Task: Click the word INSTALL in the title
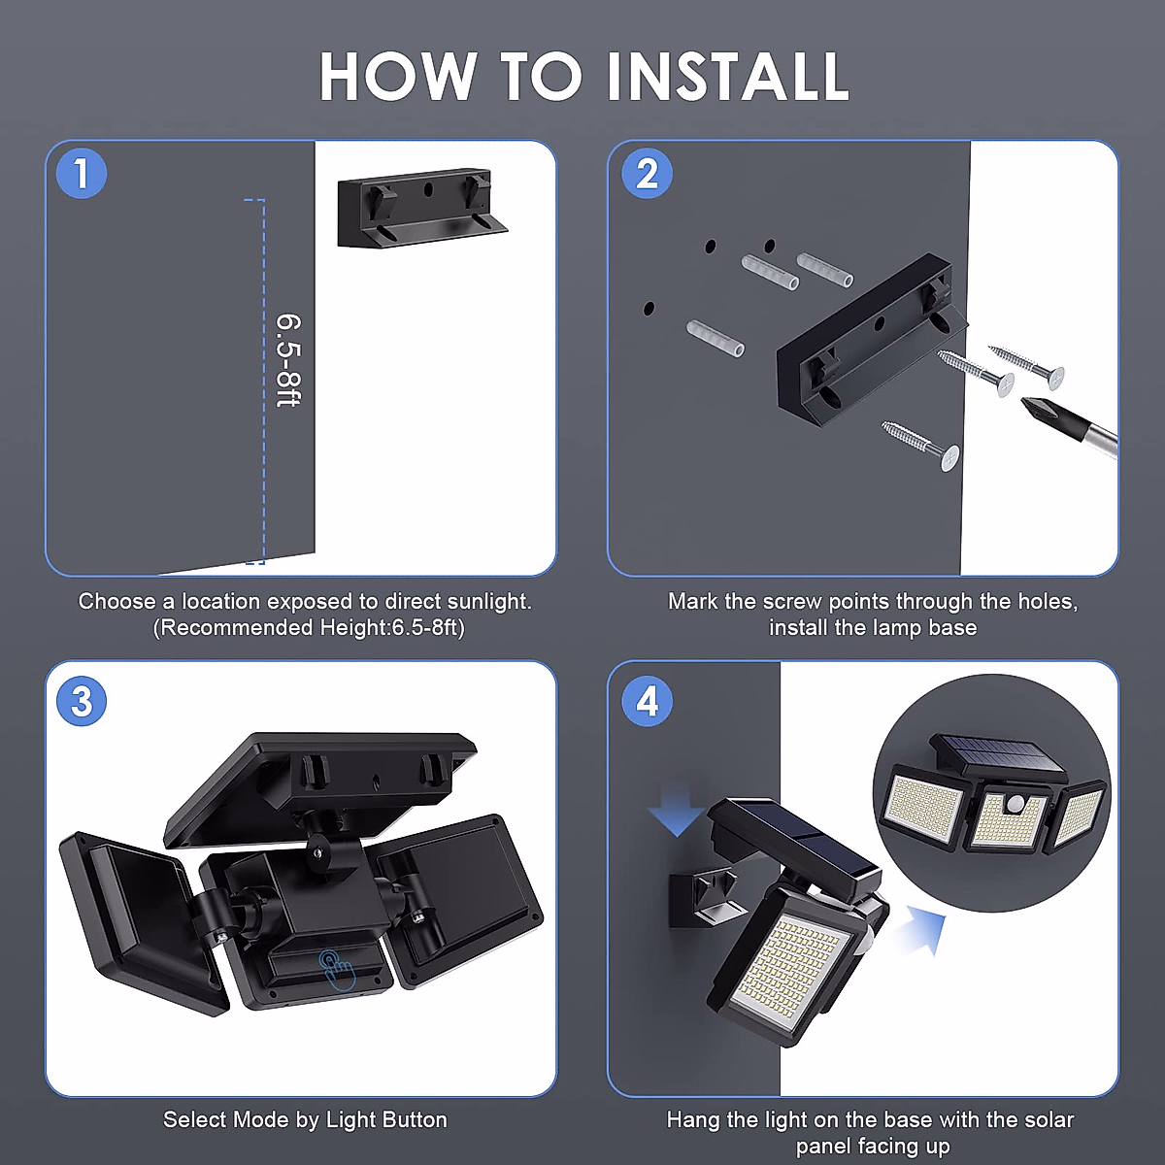tap(728, 77)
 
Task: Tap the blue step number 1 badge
tap(82, 174)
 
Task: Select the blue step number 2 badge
tap(647, 174)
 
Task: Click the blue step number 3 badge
tap(82, 701)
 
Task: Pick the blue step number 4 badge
tap(647, 701)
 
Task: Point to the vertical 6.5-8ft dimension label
tap(288, 360)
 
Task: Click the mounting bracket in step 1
tap(422, 208)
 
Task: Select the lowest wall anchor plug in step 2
tap(716, 339)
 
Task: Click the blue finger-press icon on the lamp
tap(337, 970)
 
